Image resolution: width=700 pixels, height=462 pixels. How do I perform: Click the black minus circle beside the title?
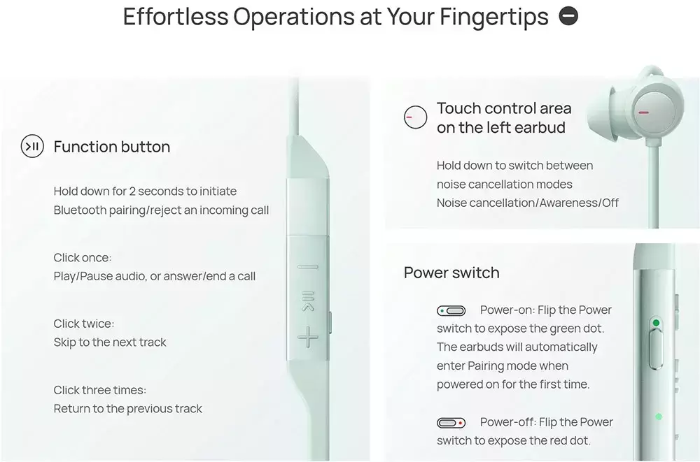[x=568, y=17]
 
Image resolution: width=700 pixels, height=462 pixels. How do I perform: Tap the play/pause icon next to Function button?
[x=32, y=146]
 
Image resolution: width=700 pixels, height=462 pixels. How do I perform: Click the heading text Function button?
[x=111, y=147]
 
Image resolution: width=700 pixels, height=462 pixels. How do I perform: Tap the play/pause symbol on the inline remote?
[x=308, y=301]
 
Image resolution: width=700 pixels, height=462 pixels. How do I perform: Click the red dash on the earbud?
[x=643, y=112]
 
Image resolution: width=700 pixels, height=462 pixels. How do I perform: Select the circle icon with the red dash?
[x=415, y=117]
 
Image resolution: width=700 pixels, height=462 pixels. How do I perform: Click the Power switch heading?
[x=451, y=273]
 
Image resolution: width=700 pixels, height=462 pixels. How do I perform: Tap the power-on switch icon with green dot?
[x=451, y=310]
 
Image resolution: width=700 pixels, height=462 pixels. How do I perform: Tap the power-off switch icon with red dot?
[x=451, y=422]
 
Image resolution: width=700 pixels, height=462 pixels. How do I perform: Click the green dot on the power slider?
[x=656, y=322]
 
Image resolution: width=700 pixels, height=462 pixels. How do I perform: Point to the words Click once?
[x=83, y=258]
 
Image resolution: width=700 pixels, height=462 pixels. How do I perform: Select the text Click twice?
[x=84, y=324]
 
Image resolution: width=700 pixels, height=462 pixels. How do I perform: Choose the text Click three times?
[x=100, y=390]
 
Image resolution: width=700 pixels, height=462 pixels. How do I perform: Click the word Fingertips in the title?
[x=494, y=17]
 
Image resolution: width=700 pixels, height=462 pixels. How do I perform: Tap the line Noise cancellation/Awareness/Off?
[x=528, y=203]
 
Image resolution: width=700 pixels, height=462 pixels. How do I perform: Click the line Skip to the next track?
[x=110, y=342]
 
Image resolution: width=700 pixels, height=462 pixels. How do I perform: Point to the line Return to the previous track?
[x=127, y=408]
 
